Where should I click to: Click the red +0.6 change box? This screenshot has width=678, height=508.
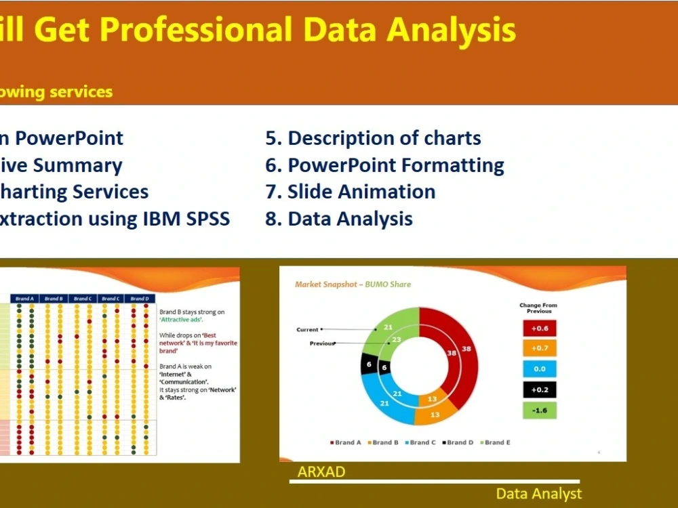click(x=540, y=329)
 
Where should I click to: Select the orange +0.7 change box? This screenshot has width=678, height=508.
click(x=540, y=349)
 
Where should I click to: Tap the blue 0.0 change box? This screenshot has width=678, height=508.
click(x=540, y=369)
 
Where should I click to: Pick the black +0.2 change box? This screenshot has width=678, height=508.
click(x=540, y=389)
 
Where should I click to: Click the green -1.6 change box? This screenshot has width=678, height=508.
click(x=540, y=410)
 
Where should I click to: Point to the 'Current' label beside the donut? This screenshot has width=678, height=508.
click(x=307, y=330)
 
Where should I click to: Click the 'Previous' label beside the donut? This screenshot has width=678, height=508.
click(x=322, y=343)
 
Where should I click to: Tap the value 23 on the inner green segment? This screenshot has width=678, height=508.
click(x=396, y=340)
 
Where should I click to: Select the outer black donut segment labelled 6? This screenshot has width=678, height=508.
click(x=369, y=364)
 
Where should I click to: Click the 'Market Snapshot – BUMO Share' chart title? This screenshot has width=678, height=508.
click(x=353, y=284)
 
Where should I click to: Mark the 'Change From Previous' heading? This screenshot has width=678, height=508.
click(x=539, y=308)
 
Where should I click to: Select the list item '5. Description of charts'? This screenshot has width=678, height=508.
click(x=373, y=138)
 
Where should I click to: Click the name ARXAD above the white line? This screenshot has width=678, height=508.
click(x=321, y=472)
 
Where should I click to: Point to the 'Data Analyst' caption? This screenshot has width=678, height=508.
click(x=538, y=494)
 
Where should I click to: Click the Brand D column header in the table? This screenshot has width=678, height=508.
click(x=139, y=299)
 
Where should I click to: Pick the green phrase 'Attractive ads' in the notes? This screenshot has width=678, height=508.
click(x=181, y=319)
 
